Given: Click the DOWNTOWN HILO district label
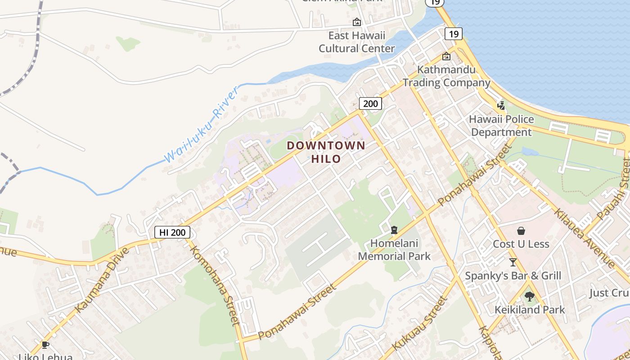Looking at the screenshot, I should pyautogui.click(x=326, y=152).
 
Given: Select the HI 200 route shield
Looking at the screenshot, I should pyautogui.click(x=172, y=232).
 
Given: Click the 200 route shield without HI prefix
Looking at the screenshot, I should pyautogui.click(x=370, y=103).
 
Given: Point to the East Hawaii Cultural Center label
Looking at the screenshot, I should pyautogui.click(x=356, y=42).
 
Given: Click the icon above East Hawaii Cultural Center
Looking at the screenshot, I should pyautogui.click(x=356, y=22).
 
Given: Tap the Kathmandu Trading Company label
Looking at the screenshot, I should pyautogui.click(x=446, y=76).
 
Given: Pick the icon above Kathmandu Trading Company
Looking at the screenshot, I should pyautogui.click(x=446, y=56).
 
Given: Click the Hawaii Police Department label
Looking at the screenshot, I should pyautogui.click(x=501, y=126).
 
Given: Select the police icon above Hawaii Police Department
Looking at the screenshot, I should pyautogui.click(x=501, y=105).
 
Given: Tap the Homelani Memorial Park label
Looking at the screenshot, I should pyautogui.click(x=394, y=250).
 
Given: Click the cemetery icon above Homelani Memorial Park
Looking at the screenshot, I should pyautogui.click(x=394, y=230).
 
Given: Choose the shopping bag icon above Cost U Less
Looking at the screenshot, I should pyautogui.click(x=521, y=231).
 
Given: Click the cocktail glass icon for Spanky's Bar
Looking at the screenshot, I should pyautogui.click(x=513, y=262).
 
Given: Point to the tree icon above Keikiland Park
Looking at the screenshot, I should pyautogui.click(x=529, y=296).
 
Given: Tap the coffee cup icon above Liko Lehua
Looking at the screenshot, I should pyautogui.click(x=45, y=345).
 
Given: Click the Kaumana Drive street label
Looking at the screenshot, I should pyautogui.click(x=102, y=279).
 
